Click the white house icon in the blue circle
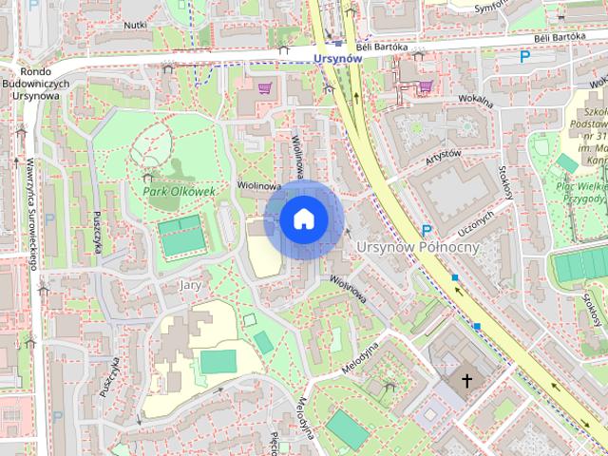point(303,219)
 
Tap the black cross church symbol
point(466,382)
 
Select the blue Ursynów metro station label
point(337,58)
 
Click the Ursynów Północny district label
point(418,247)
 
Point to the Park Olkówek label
point(180,191)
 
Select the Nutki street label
point(135,25)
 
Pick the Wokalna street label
point(474,102)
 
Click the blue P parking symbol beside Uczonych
point(427,231)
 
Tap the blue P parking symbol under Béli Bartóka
point(524,58)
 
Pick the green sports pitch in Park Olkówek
point(180,236)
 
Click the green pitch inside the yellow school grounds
point(218,362)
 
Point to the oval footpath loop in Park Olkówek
point(153,143)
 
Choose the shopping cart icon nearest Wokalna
point(427,85)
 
